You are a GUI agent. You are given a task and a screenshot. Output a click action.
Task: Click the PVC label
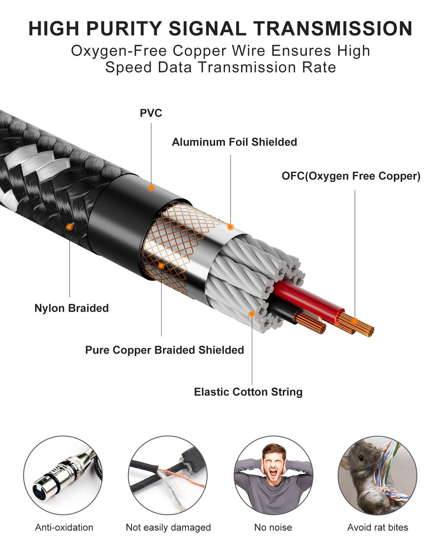(151, 113)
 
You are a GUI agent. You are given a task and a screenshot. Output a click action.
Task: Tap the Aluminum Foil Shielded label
(234, 142)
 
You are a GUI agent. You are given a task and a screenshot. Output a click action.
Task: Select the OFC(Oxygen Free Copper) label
(351, 176)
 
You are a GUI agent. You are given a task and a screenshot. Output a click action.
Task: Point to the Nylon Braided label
(72, 308)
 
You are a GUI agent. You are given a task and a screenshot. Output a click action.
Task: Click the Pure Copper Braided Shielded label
(164, 350)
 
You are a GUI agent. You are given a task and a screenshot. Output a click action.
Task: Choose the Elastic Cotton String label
(248, 392)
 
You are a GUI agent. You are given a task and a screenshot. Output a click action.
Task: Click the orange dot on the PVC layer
(151, 188)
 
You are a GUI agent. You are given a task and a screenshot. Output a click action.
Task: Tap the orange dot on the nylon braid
(69, 227)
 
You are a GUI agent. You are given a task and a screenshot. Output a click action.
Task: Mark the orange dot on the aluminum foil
(230, 227)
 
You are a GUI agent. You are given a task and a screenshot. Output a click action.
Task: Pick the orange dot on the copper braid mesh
(161, 266)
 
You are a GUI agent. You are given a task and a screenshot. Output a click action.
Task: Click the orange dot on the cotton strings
(252, 314)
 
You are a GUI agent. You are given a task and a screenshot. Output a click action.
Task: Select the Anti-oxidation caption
(64, 527)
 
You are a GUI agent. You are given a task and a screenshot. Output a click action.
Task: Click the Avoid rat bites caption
(378, 527)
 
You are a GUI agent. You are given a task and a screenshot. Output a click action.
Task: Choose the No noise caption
(273, 527)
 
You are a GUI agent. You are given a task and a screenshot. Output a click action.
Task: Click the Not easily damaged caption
(168, 528)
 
